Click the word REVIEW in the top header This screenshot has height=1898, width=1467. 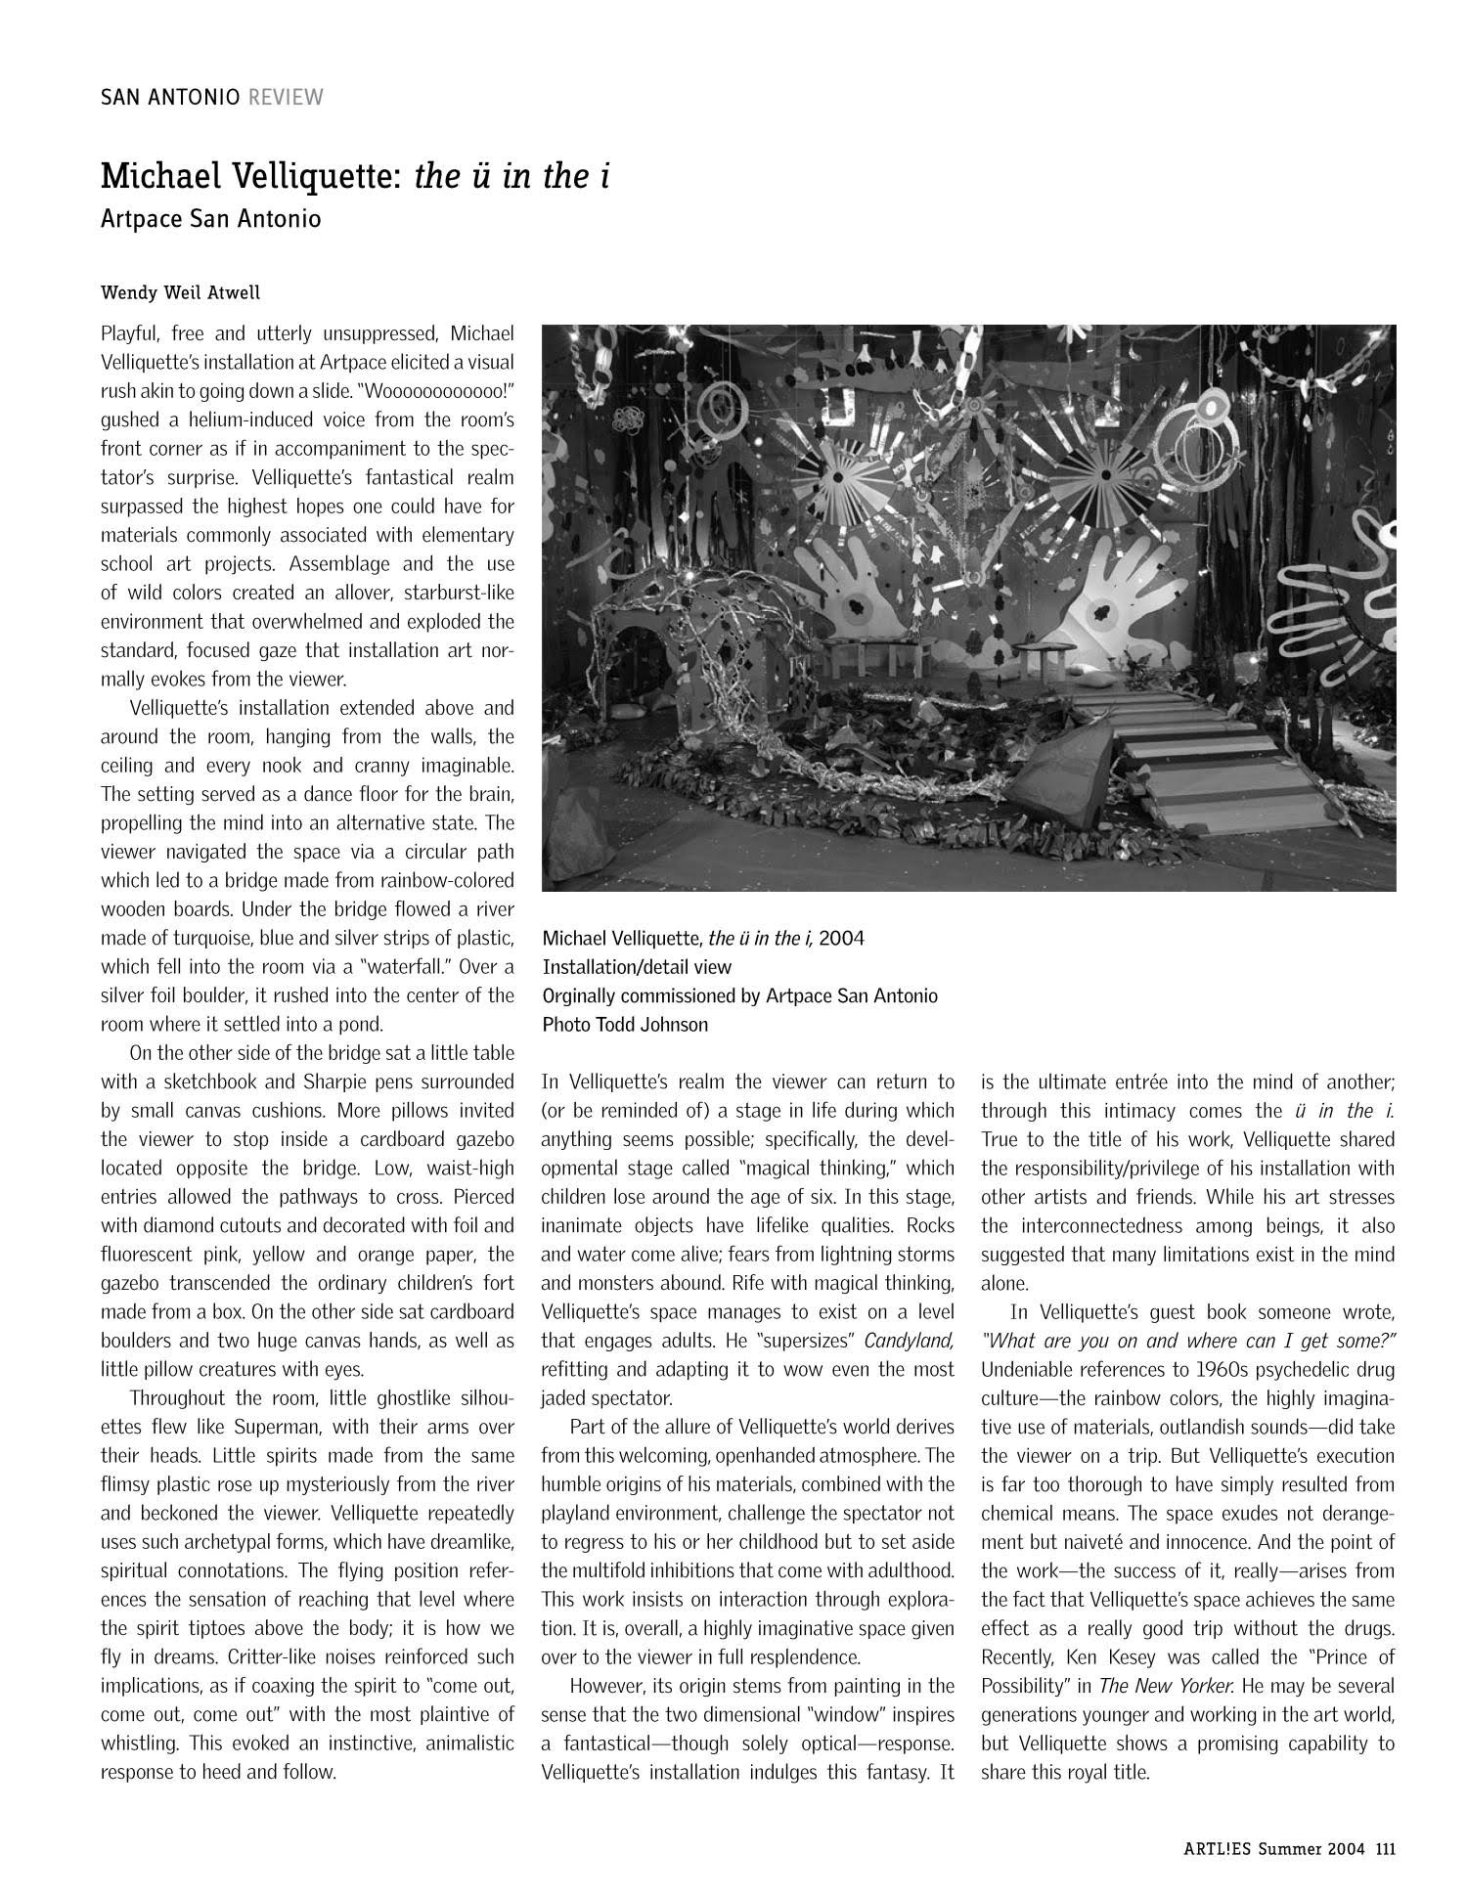click(x=286, y=97)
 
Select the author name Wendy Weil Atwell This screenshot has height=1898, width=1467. click(x=180, y=292)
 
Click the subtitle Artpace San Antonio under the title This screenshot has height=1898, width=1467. click(x=210, y=218)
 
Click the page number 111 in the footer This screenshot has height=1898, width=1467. click(x=1385, y=1848)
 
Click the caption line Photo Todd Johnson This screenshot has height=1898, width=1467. click(x=625, y=1025)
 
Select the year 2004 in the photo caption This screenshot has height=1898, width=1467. click(x=841, y=939)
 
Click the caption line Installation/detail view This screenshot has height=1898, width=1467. click(x=637, y=967)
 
